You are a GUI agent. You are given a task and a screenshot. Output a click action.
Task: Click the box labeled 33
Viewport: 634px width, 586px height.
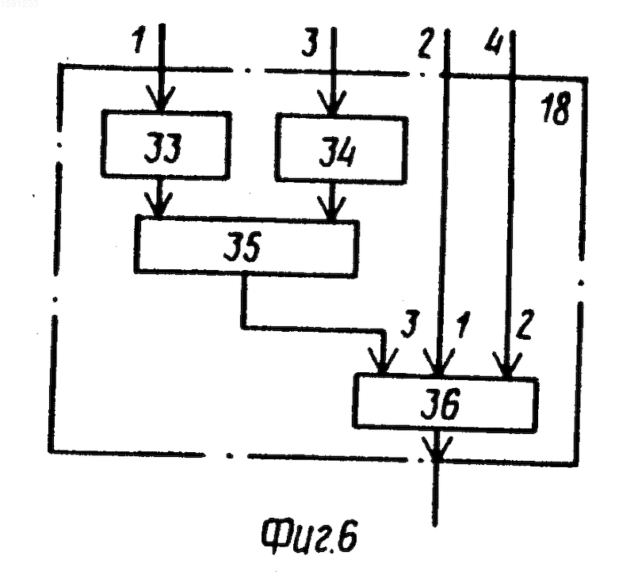tap(166, 144)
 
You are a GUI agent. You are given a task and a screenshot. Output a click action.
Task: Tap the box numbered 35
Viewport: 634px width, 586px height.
tap(246, 247)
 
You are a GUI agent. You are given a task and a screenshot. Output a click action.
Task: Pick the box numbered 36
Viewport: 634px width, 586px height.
tap(445, 403)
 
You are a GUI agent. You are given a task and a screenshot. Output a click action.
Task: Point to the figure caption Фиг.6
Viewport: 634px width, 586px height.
tap(309, 536)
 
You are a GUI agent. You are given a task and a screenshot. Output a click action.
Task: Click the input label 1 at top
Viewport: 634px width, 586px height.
tap(139, 40)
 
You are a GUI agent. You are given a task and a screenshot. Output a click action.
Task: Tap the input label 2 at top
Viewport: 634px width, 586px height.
tap(426, 43)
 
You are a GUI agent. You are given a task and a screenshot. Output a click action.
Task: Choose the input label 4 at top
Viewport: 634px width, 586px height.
tap(494, 42)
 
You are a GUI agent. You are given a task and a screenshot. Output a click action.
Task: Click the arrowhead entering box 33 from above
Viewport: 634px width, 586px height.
tap(161, 99)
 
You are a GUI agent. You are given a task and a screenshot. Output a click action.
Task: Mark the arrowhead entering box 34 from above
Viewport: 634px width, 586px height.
tap(331, 104)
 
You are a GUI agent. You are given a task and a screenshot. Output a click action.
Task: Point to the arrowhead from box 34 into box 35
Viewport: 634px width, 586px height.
tap(331, 209)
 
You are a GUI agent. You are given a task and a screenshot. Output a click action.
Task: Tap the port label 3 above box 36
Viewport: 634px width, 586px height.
tap(409, 324)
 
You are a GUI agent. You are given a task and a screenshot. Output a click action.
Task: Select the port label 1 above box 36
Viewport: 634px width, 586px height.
tap(462, 325)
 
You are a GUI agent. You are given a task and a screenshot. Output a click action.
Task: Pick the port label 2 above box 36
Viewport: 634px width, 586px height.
tap(524, 324)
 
